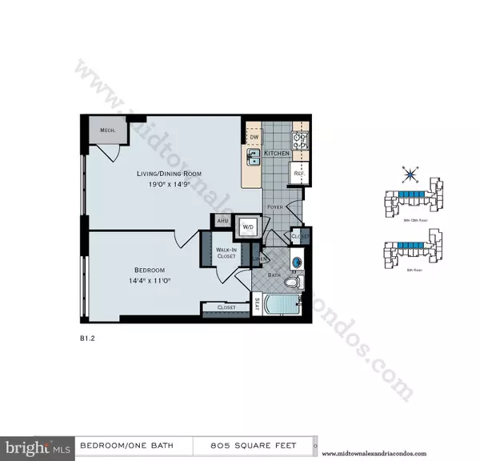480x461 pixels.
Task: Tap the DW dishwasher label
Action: (254, 137)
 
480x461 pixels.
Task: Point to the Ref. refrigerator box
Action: (298, 171)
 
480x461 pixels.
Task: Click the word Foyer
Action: (276, 206)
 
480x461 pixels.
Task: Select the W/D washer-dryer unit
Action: (248, 226)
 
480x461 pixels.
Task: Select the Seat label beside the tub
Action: (257, 303)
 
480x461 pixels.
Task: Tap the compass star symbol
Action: (410, 174)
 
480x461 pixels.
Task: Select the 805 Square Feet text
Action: (254, 445)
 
